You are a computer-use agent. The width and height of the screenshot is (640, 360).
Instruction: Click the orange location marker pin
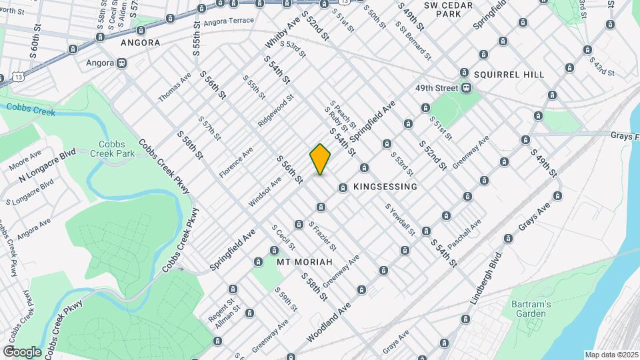click(x=320, y=159)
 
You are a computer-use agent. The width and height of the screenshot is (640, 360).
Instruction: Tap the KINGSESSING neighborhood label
click(x=385, y=187)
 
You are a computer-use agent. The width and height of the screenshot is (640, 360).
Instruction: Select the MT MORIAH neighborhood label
click(x=304, y=262)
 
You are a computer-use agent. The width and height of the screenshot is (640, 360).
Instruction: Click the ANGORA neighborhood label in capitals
click(x=140, y=43)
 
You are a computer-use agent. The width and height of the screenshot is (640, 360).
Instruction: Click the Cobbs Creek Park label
click(x=117, y=149)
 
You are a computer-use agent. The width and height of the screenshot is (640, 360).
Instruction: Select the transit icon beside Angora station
click(x=121, y=63)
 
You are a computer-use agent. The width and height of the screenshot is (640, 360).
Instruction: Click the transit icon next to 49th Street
click(x=468, y=88)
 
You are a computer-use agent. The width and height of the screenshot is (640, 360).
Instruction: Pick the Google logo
click(x=22, y=351)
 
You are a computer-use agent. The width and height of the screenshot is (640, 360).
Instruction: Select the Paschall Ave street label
click(x=464, y=235)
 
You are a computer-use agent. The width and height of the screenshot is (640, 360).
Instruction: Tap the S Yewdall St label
click(x=400, y=219)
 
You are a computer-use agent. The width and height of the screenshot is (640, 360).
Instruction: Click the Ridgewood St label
click(x=276, y=111)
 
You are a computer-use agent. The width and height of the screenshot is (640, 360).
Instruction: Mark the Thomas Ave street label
click(x=175, y=87)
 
